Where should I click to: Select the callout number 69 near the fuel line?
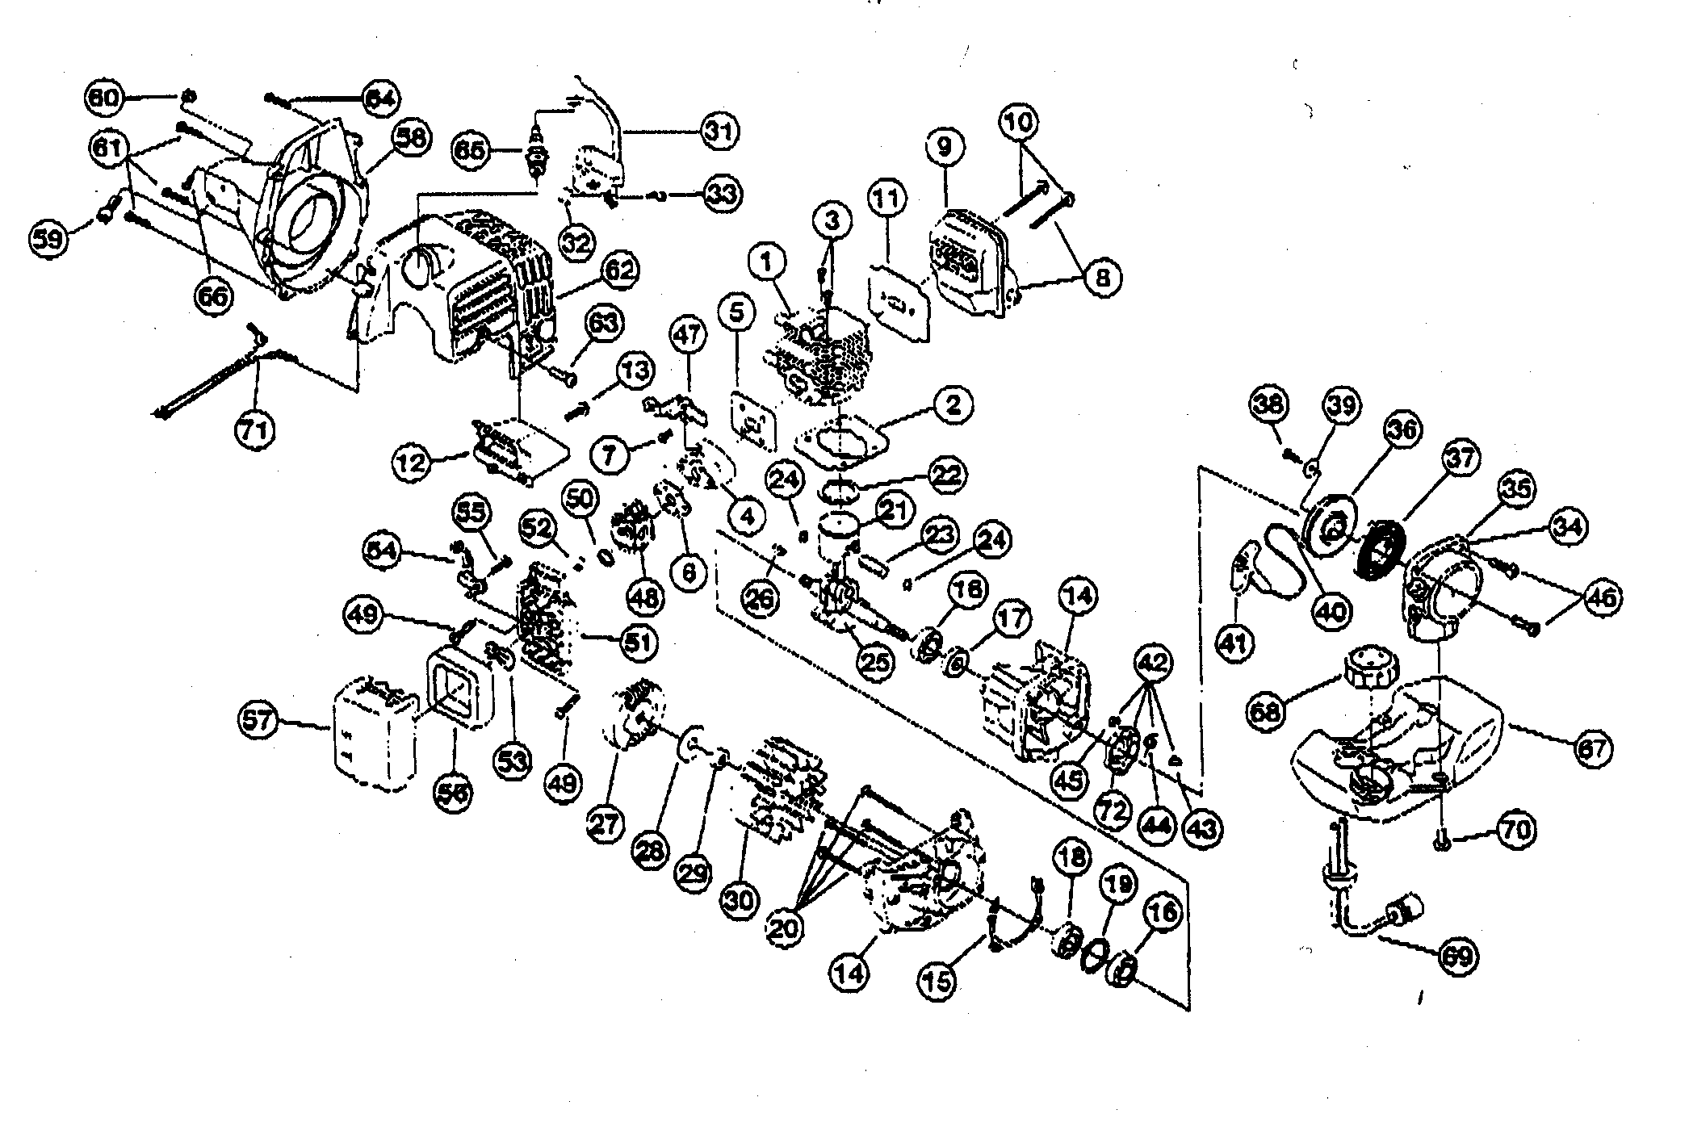[x=1460, y=957]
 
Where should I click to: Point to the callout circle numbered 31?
[x=719, y=130]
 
